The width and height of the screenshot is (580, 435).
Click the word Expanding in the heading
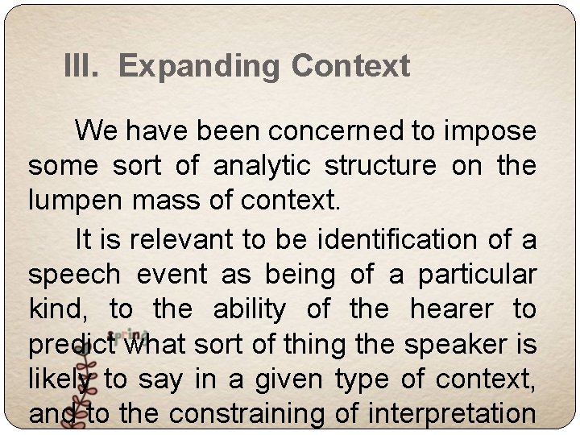click(x=201, y=66)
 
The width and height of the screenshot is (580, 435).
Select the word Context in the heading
click(x=350, y=66)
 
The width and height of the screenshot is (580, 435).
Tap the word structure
click(x=378, y=166)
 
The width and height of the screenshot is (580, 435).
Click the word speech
click(x=73, y=275)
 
